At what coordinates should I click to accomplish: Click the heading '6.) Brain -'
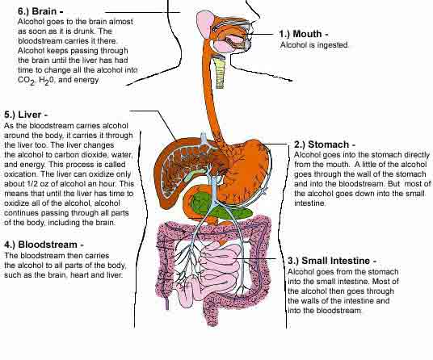point(40,11)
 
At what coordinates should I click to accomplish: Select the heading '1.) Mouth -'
point(304,34)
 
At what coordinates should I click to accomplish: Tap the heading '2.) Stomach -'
point(325,144)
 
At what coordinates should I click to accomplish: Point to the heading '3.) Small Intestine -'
point(332,261)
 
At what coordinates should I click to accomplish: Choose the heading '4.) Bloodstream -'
point(44,245)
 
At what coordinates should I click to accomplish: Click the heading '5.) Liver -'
point(26,115)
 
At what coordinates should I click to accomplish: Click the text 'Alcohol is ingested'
point(314,45)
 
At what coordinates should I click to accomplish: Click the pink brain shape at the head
point(204,23)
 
